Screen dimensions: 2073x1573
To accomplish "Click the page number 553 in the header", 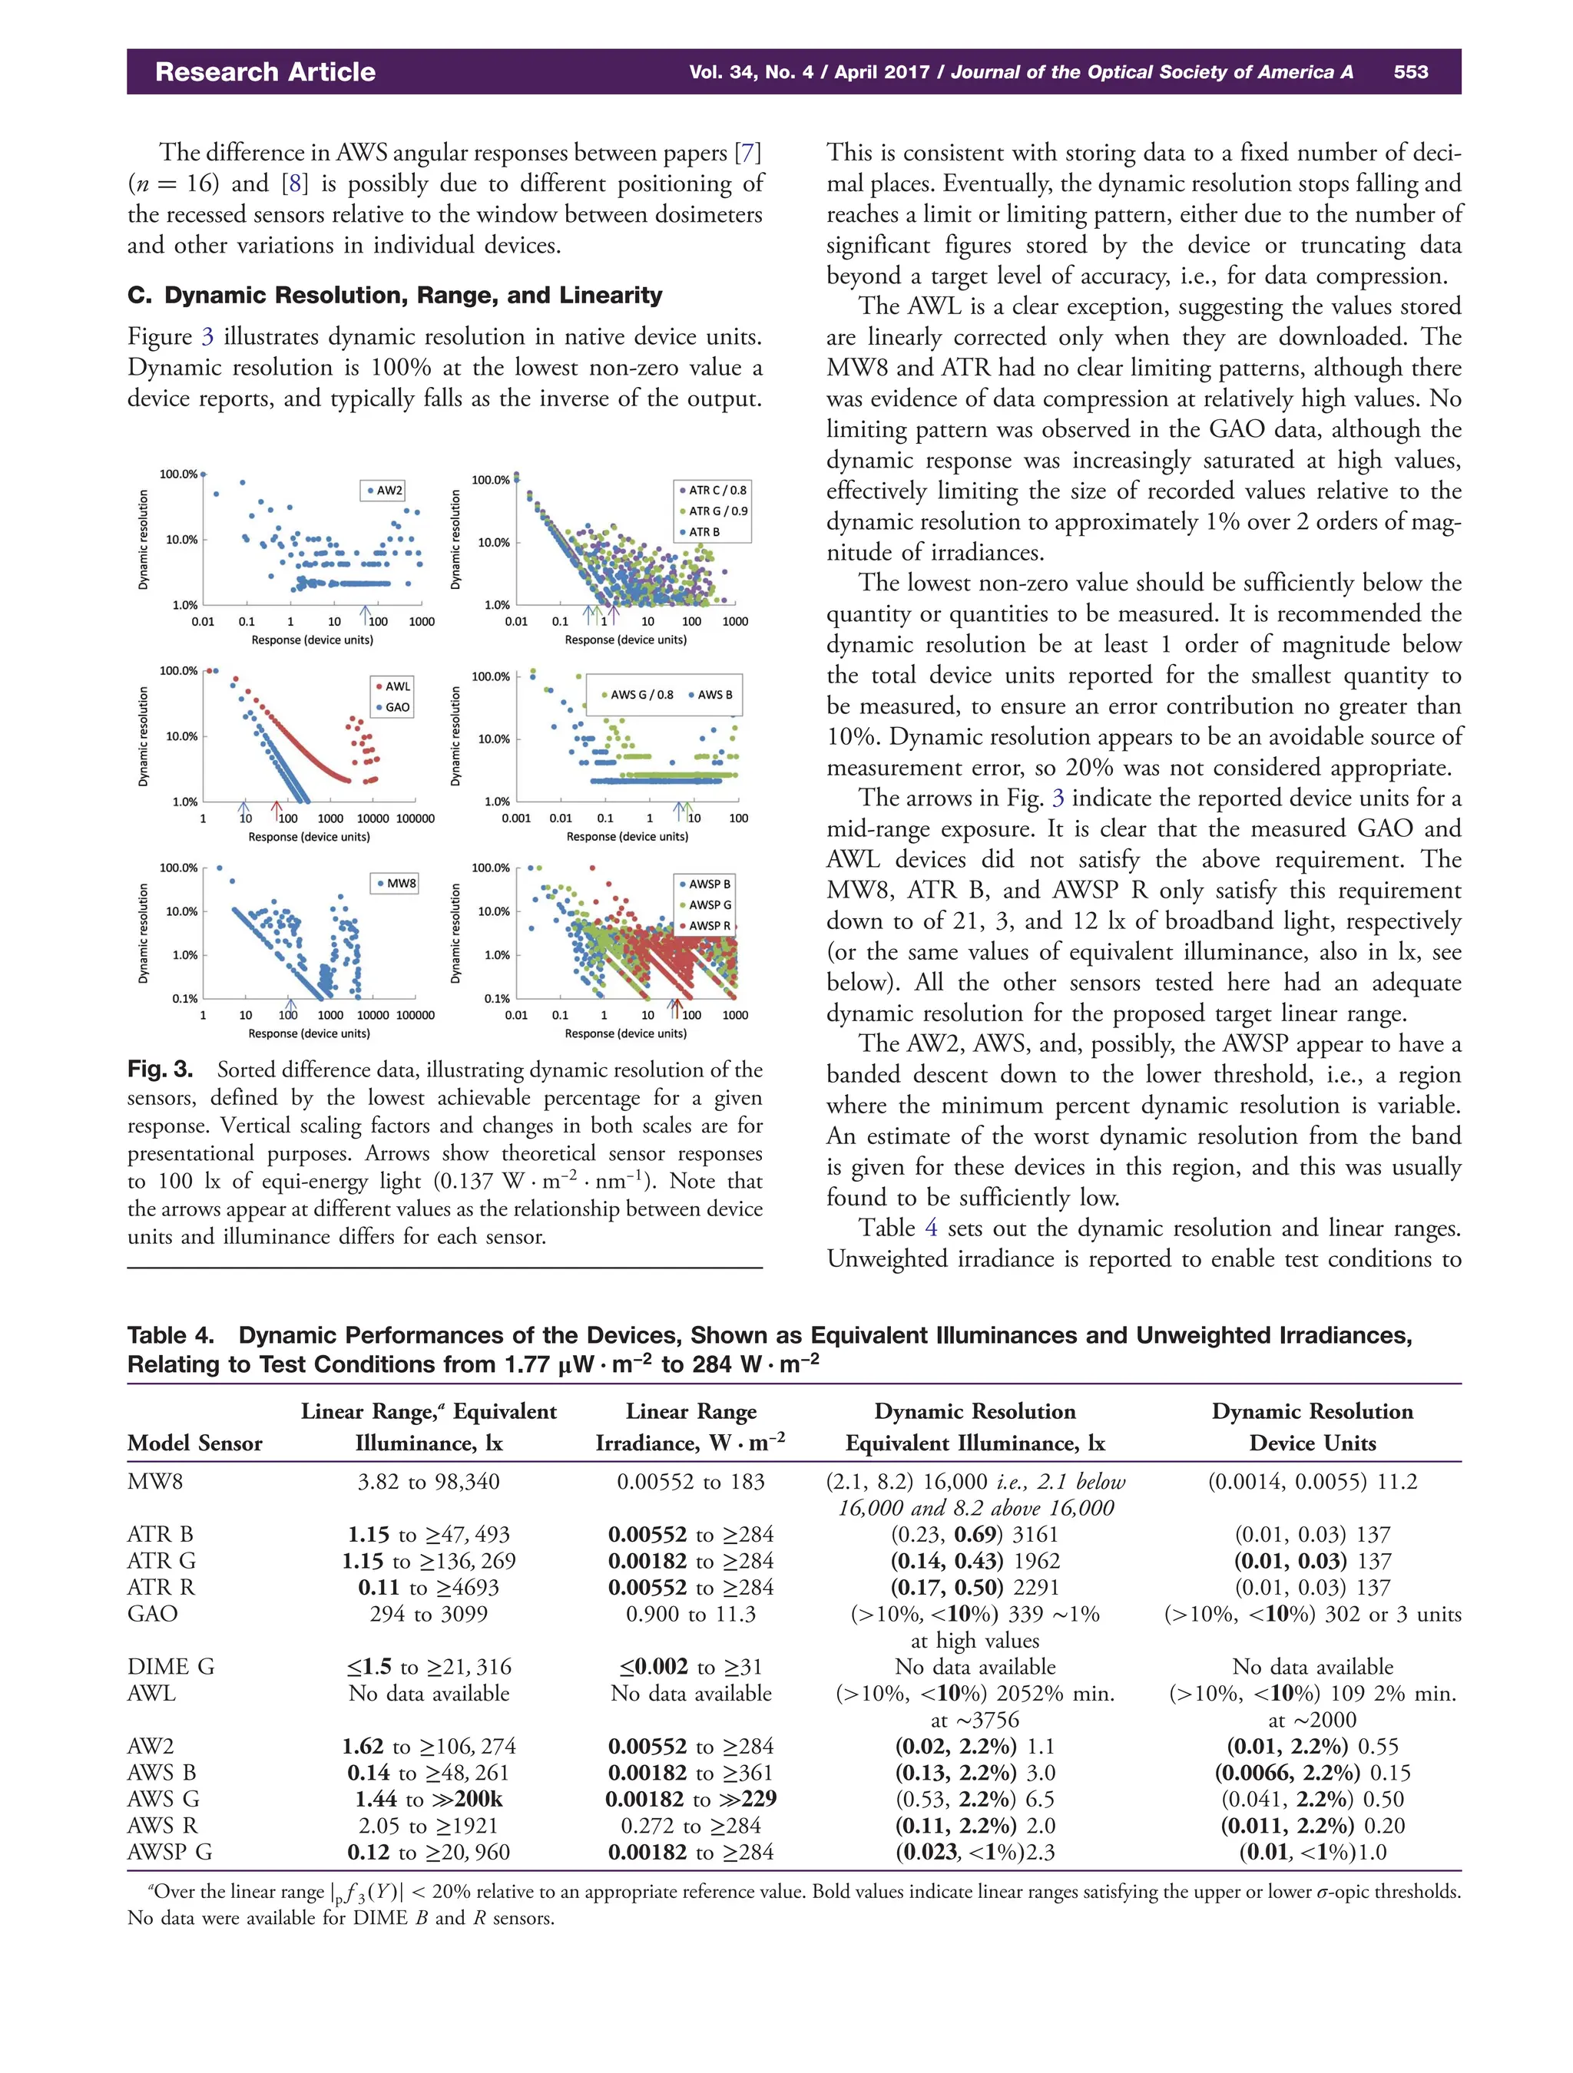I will (1410, 72).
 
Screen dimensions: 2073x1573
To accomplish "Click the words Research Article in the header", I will (265, 72).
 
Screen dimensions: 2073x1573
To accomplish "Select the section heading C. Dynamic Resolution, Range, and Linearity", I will (395, 295).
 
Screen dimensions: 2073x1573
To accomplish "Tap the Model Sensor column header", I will (195, 1443).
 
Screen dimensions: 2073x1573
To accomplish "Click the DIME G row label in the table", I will (171, 1666).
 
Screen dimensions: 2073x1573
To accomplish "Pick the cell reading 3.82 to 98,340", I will (429, 1482).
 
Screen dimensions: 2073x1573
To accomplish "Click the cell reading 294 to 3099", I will (429, 1614).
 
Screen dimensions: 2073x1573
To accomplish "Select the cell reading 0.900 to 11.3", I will (690, 1614).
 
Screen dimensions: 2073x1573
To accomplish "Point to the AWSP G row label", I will (170, 1852).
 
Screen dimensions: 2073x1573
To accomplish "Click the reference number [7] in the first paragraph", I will (747, 153).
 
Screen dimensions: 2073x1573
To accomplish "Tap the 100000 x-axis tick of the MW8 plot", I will (416, 1015).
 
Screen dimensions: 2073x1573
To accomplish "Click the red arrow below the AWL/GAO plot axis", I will (276, 808).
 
